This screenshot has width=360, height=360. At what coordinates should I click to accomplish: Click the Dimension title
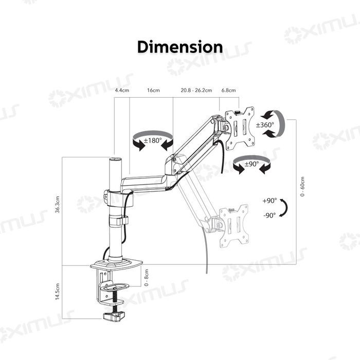[180, 47]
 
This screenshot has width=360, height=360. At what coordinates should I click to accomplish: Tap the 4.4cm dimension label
[121, 91]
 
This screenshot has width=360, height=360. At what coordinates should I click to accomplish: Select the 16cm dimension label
[153, 91]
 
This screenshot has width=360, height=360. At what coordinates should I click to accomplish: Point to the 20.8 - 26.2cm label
[196, 91]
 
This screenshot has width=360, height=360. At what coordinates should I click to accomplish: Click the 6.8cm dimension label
[228, 91]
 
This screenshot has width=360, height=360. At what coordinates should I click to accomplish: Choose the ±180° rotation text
[152, 140]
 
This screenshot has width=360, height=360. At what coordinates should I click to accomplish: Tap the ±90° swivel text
[251, 165]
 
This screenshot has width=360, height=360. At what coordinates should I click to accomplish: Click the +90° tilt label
[269, 201]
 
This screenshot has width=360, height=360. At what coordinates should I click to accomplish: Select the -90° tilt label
[269, 215]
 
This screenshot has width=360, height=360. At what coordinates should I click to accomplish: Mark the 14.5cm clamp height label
[58, 292]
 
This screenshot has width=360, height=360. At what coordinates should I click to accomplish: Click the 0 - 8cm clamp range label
[146, 278]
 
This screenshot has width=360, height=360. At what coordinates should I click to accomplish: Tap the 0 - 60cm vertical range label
[302, 188]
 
